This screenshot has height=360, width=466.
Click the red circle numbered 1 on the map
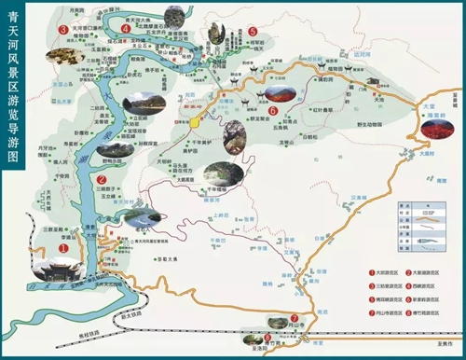pos(63,249)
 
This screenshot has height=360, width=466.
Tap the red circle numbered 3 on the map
pos(62,29)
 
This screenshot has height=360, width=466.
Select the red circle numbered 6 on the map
pos(272,110)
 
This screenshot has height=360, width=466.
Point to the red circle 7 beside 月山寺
pos(295,317)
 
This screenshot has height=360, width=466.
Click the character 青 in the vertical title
pos(13,16)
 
